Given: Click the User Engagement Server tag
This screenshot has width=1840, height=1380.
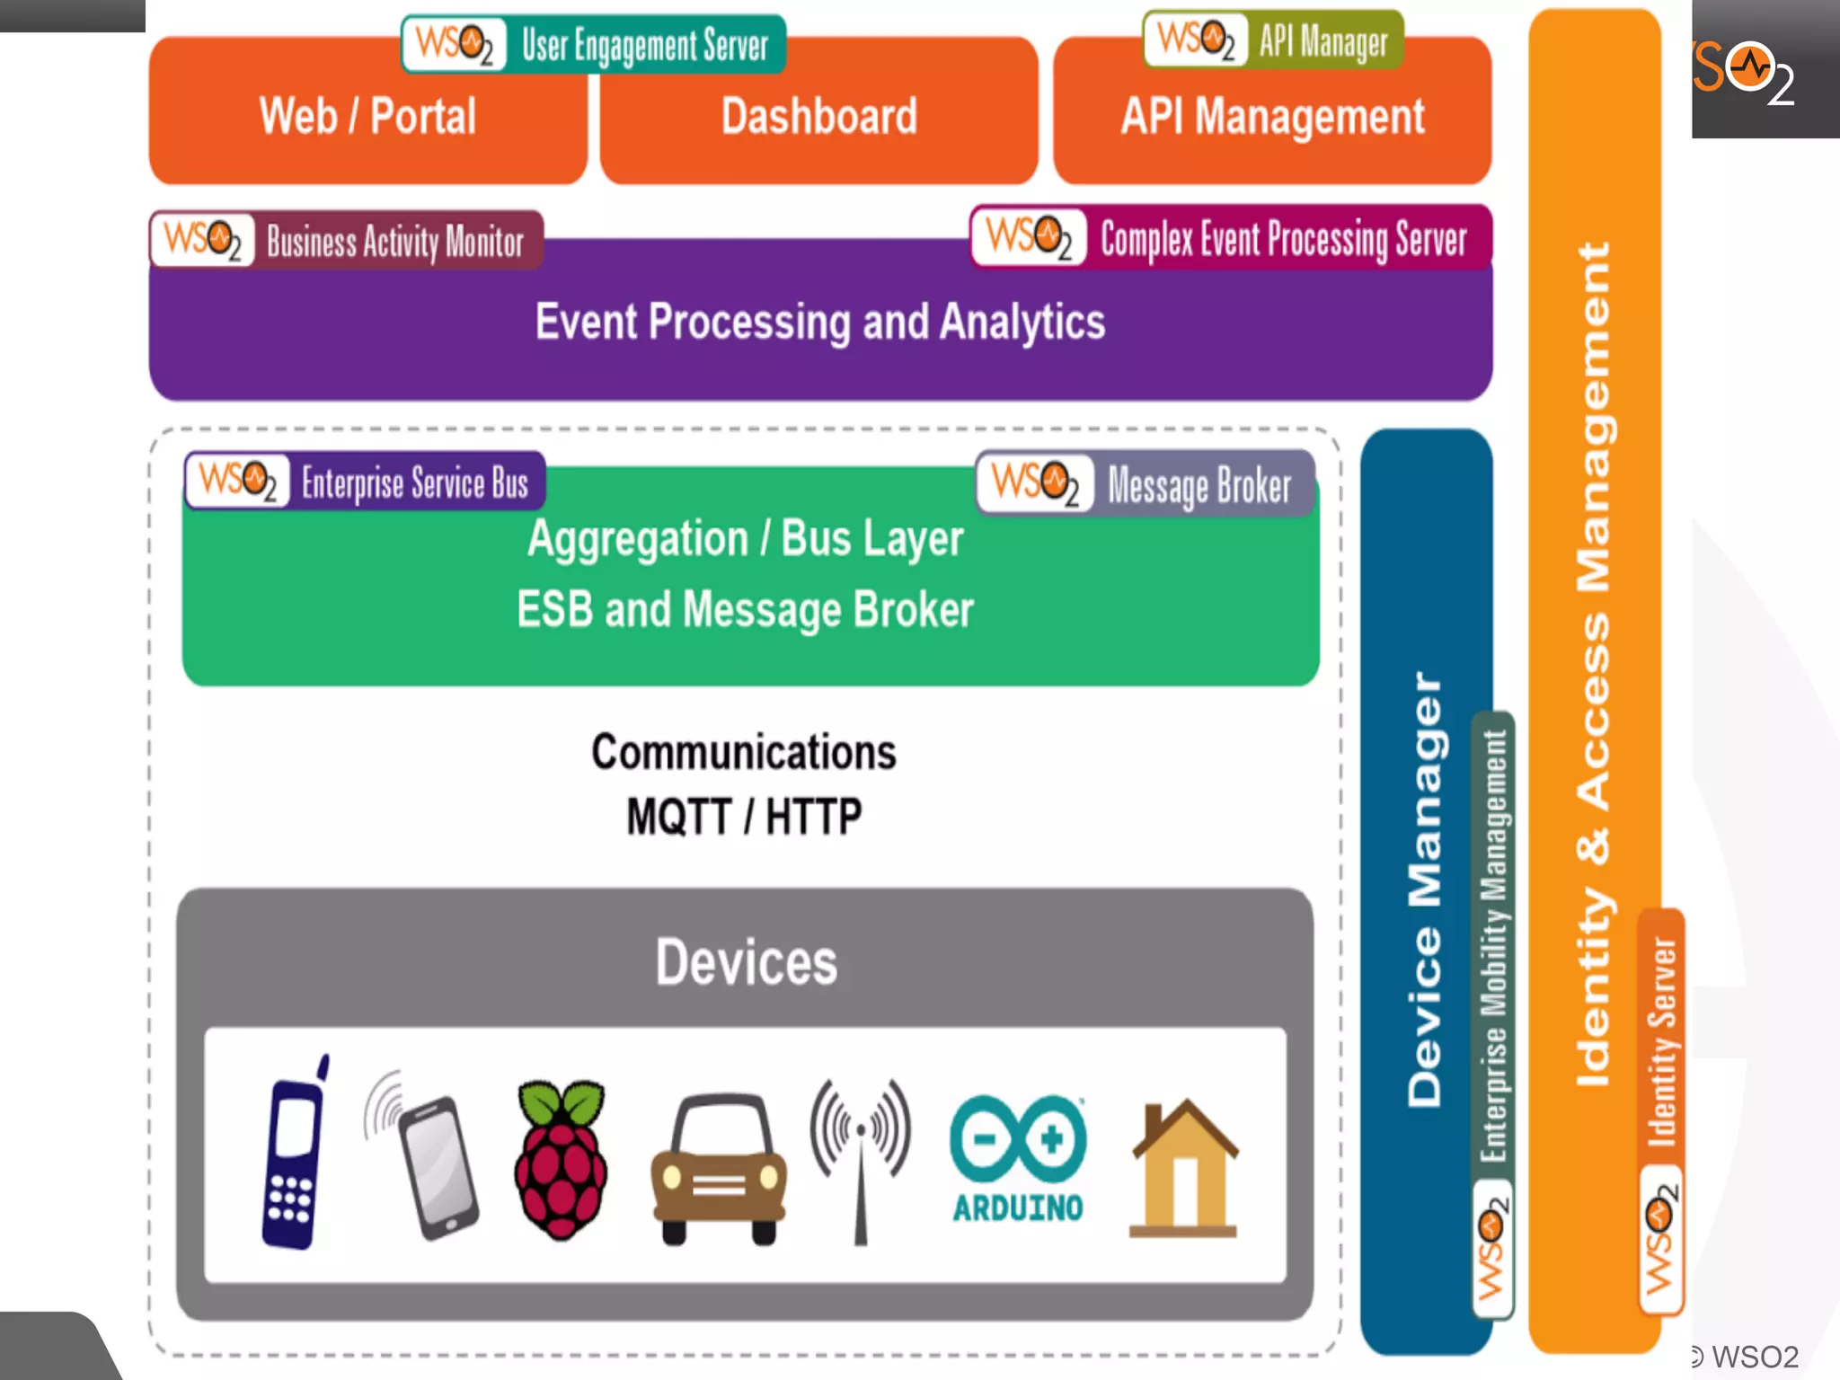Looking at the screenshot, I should [x=593, y=44].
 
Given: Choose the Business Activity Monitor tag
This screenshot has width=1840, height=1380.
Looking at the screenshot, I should [x=347, y=241].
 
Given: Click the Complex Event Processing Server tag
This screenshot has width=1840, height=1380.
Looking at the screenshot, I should [x=1231, y=238].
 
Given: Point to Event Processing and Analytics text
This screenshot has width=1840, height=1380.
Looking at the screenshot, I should [x=819, y=322].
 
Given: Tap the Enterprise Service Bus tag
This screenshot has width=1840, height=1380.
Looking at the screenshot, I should [x=365, y=482].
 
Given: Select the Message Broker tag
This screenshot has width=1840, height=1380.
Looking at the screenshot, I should [x=1146, y=484].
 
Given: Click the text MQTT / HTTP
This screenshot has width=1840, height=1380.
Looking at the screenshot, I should [x=744, y=817].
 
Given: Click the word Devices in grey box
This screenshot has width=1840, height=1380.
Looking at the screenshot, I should [x=746, y=962].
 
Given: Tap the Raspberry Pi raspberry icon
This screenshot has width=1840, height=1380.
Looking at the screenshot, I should [x=562, y=1159].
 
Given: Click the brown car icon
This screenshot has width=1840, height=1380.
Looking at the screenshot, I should [x=719, y=1168].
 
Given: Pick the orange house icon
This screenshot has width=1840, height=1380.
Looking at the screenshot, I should [x=1184, y=1168].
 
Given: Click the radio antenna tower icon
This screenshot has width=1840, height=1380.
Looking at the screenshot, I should [x=861, y=1159].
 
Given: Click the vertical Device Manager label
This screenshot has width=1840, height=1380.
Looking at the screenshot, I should [x=1424, y=889].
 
